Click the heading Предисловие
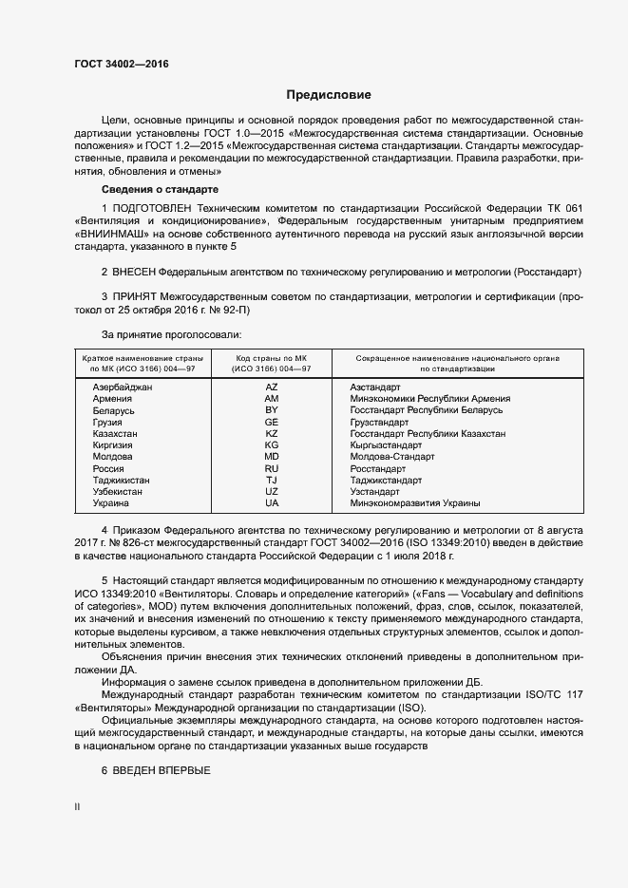[329, 95]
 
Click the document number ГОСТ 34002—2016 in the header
[115, 63]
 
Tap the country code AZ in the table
[272, 387]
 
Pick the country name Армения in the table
[112, 399]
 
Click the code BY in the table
[272, 410]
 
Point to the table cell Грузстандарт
[379, 422]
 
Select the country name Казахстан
[116, 433]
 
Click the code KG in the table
[272, 444]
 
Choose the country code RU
[272, 468]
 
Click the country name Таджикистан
[121, 480]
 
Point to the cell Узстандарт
[375, 491]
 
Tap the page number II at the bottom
[77, 806]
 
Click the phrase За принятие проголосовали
[171, 334]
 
